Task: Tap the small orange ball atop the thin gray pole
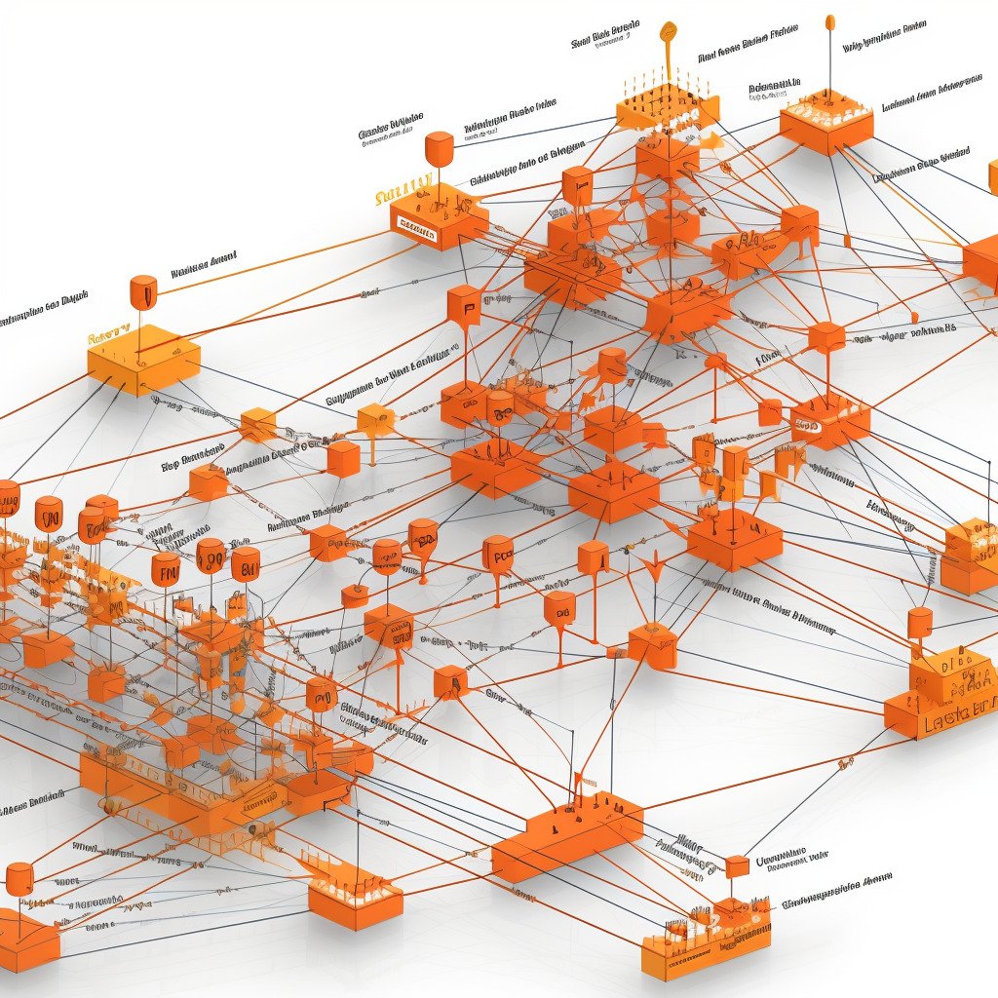pyautogui.click(x=829, y=21)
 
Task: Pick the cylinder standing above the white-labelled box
pyautogui.click(x=439, y=149)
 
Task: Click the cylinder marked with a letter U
pyautogui.click(x=142, y=291)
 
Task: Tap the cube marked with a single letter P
pyautogui.click(x=464, y=304)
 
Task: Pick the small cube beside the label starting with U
pyautogui.click(x=738, y=864)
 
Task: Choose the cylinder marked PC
pyautogui.click(x=498, y=554)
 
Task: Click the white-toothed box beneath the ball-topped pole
pyautogui.click(x=826, y=121)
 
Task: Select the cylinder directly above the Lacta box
pyautogui.click(x=919, y=623)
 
